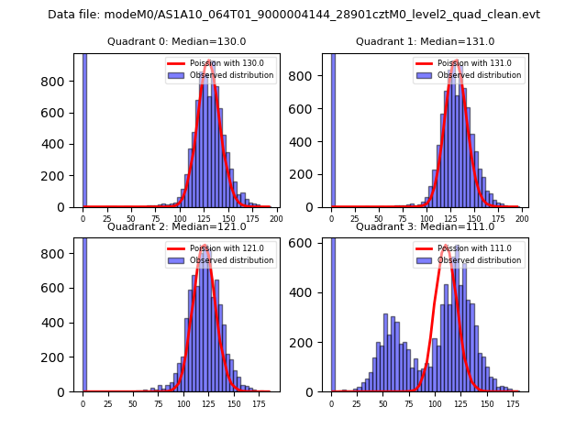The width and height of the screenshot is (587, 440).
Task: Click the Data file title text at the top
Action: click(x=293, y=15)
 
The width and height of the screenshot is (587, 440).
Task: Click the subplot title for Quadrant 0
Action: click(x=176, y=41)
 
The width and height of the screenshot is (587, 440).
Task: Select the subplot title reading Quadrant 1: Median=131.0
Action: click(x=425, y=41)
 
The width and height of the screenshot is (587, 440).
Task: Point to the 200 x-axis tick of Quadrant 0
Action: click(x=275, y=219)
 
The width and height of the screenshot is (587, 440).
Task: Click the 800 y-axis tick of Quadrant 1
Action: click(x=309, y=81)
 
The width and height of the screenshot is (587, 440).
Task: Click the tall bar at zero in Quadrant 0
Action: click(x=84, y=128)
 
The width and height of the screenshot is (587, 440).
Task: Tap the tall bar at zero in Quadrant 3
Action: click(x=333, y=312)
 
